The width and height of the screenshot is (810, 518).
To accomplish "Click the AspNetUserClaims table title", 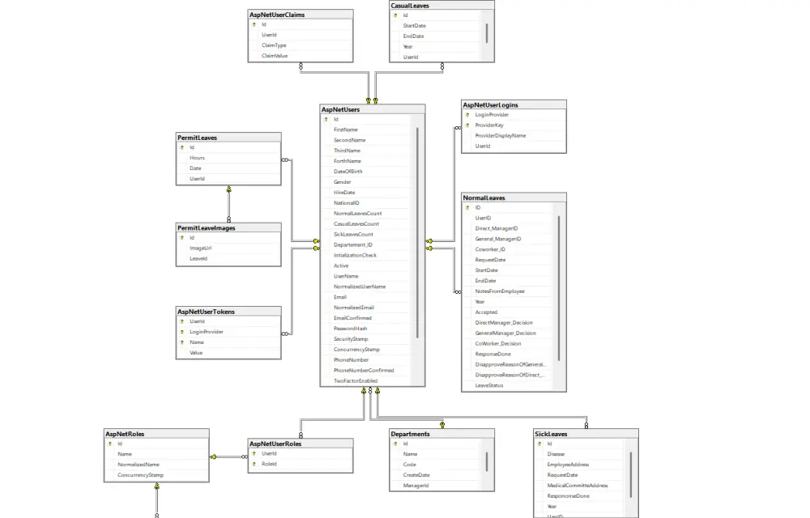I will click(x=277, y=14).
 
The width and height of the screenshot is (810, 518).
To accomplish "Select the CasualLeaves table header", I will click(x=410, y=5).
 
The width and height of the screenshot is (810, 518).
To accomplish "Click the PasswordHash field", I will click(x=350, y=329).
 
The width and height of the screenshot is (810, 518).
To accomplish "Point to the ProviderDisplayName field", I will click(x=500, y=136).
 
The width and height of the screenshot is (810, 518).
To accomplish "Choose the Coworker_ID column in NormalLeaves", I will click(x=490, y=249).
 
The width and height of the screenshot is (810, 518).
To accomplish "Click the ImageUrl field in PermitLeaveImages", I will click(x=201, y=248).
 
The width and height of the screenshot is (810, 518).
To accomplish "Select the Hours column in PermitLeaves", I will click(x=197, y=158).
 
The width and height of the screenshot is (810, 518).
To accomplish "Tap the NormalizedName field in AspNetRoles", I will click(x=138, y=465).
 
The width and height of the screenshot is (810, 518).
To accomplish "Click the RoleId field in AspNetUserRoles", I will click(x=269, y=465).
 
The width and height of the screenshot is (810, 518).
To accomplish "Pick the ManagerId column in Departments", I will click(x=416, y=486).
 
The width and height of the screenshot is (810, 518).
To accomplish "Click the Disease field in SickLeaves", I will click(x=556, y=454).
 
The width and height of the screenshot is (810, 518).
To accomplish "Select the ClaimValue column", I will click(x=275, y=56).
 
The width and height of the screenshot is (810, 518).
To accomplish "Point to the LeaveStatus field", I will click(x=489, y=385).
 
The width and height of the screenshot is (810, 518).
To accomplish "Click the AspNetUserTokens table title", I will click(x=206, y=311).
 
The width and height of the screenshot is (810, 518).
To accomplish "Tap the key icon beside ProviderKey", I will click(x=467, y=125).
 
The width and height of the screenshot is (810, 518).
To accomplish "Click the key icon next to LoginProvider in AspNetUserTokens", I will click(x=181, y=332).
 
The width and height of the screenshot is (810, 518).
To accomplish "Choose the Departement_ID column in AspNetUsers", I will click(x=353, y=244).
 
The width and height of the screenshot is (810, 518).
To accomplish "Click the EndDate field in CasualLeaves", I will click(x=413, y=36).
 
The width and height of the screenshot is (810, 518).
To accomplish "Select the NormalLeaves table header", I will click(x=484, y=197).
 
